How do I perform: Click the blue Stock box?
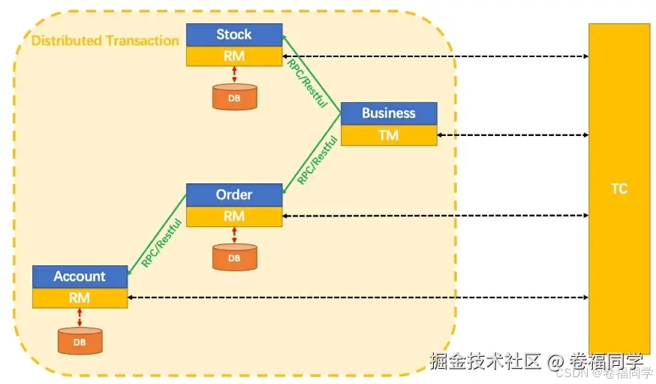click(x=234, y=35)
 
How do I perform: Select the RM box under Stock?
click(x=234, y=56)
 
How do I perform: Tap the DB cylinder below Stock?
click(x=234, y=97)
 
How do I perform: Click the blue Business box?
click(x=388, y=113)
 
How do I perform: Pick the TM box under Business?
click(x=388, y=135)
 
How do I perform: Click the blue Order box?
click(x=234, y=195)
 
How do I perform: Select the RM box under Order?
click(x=234, y=216)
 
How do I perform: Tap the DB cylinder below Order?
click(x=234, y=257)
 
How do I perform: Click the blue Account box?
click(x=80, y=277)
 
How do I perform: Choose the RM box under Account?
click(x=80, y=298)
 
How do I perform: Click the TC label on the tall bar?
click(x=618, y=189)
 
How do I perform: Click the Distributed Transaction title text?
click(x=105, y=41)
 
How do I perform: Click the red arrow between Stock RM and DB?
click(x=235, y=74)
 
